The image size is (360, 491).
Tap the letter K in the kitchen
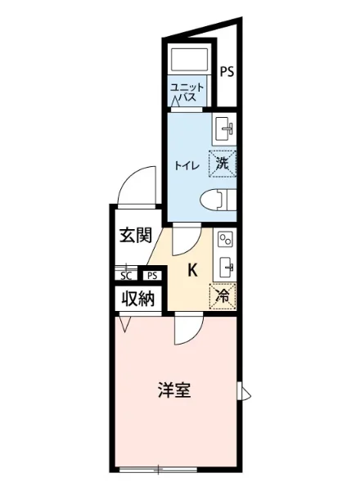193,271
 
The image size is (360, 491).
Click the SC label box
128,277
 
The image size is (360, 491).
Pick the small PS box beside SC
151,277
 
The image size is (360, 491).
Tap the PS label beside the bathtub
227,71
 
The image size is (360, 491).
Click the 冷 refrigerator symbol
222,295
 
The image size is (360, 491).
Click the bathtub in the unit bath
189,61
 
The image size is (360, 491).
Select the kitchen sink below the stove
225,267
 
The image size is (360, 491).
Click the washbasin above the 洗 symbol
224,129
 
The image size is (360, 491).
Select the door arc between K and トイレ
185,239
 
